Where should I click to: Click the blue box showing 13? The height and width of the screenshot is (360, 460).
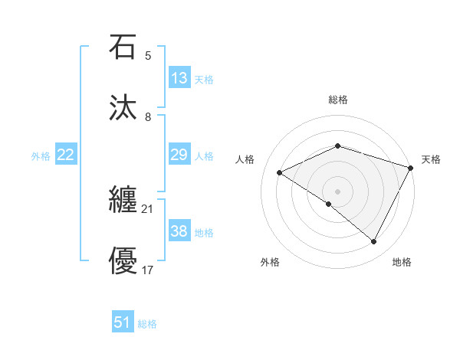[x=179, y=78]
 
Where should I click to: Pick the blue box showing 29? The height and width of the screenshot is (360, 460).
[x=179, y=155]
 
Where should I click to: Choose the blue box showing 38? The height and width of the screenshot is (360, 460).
[x=179, y=231]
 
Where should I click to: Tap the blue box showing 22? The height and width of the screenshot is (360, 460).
[x=66, y=155]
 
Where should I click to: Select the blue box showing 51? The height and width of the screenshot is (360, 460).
[x=123, y=322]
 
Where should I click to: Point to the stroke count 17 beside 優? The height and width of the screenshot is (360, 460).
[x=148, y=270]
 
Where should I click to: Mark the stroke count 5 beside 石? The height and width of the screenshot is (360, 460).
[x=148, y=56]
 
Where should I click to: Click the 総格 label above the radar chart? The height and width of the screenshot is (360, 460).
[x=338, y=100]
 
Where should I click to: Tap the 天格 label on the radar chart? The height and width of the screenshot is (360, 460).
[x=431, y=159]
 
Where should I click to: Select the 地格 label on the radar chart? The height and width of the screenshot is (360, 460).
[x=402, y=262]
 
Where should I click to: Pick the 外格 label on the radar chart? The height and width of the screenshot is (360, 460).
[x=271, y=262]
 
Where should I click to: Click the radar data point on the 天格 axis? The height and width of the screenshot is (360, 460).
[x=412, y=168]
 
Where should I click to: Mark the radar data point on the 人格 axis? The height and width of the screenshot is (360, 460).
[x=280, y=172]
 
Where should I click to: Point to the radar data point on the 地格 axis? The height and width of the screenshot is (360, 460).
[x=374, y=242]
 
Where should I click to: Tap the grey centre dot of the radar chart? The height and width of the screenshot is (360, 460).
[x=338, y=191]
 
